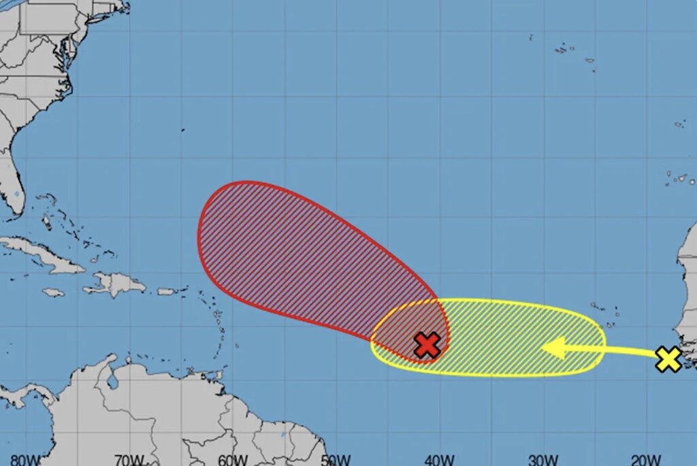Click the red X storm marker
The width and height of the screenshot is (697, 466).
coord(427,345)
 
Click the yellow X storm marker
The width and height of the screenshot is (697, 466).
coord(668,359)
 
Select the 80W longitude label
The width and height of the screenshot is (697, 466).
coord(25,460)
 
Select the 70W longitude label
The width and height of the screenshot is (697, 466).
coord(129,460)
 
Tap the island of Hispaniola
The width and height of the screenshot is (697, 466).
coord(116,284)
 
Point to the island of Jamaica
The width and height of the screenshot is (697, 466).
coord(53,293)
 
